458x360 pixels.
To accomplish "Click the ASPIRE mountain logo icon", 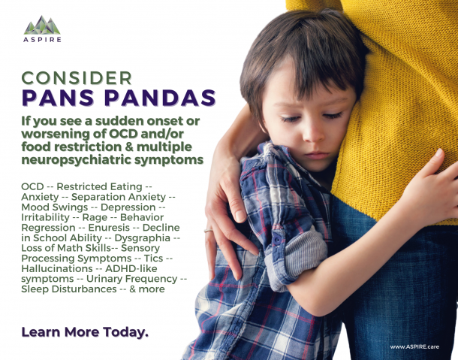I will (x=43, y=26).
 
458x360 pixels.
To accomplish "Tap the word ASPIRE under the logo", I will (x=43, y=39).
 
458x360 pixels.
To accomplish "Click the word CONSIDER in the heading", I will (x=77, y=78).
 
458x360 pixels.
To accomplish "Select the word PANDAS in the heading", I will (x=160, y=98).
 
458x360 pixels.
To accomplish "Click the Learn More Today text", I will (x=84, y=331).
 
